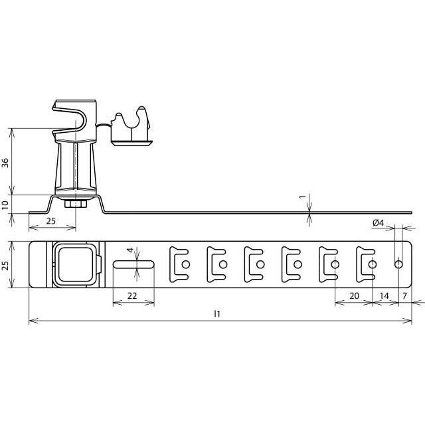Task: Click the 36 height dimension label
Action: [5, 163]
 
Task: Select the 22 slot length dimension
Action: [132, 296]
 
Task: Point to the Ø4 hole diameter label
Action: [379, 223]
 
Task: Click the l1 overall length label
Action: [217, 314]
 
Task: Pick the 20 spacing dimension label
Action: [354, 296]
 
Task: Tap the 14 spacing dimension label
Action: [384, 296]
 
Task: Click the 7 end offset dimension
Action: [404, 296]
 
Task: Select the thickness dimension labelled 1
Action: [303, 197]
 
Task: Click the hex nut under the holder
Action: [76, 204]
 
